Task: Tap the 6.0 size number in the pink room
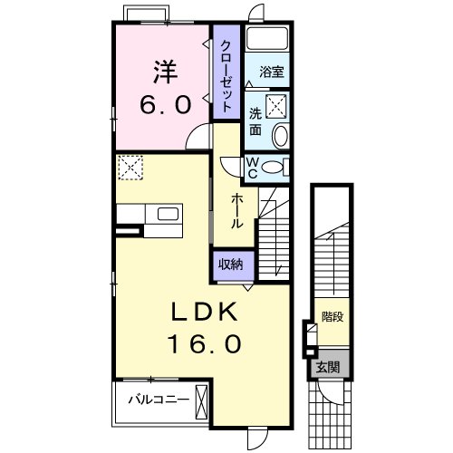click(165, 104)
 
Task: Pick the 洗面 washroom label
click(256, 121)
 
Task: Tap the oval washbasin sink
click(279, 137)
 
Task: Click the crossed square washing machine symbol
click(277, 104)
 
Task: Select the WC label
click(254, 167)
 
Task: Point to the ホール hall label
click(235, 210)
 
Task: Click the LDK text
click(206, 313)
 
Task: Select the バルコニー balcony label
click(158, 399)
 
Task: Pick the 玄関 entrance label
click(327, 367)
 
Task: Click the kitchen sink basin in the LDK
click(169, 216)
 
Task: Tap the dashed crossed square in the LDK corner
click(132, 168)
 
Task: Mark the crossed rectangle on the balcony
click(202, 399)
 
